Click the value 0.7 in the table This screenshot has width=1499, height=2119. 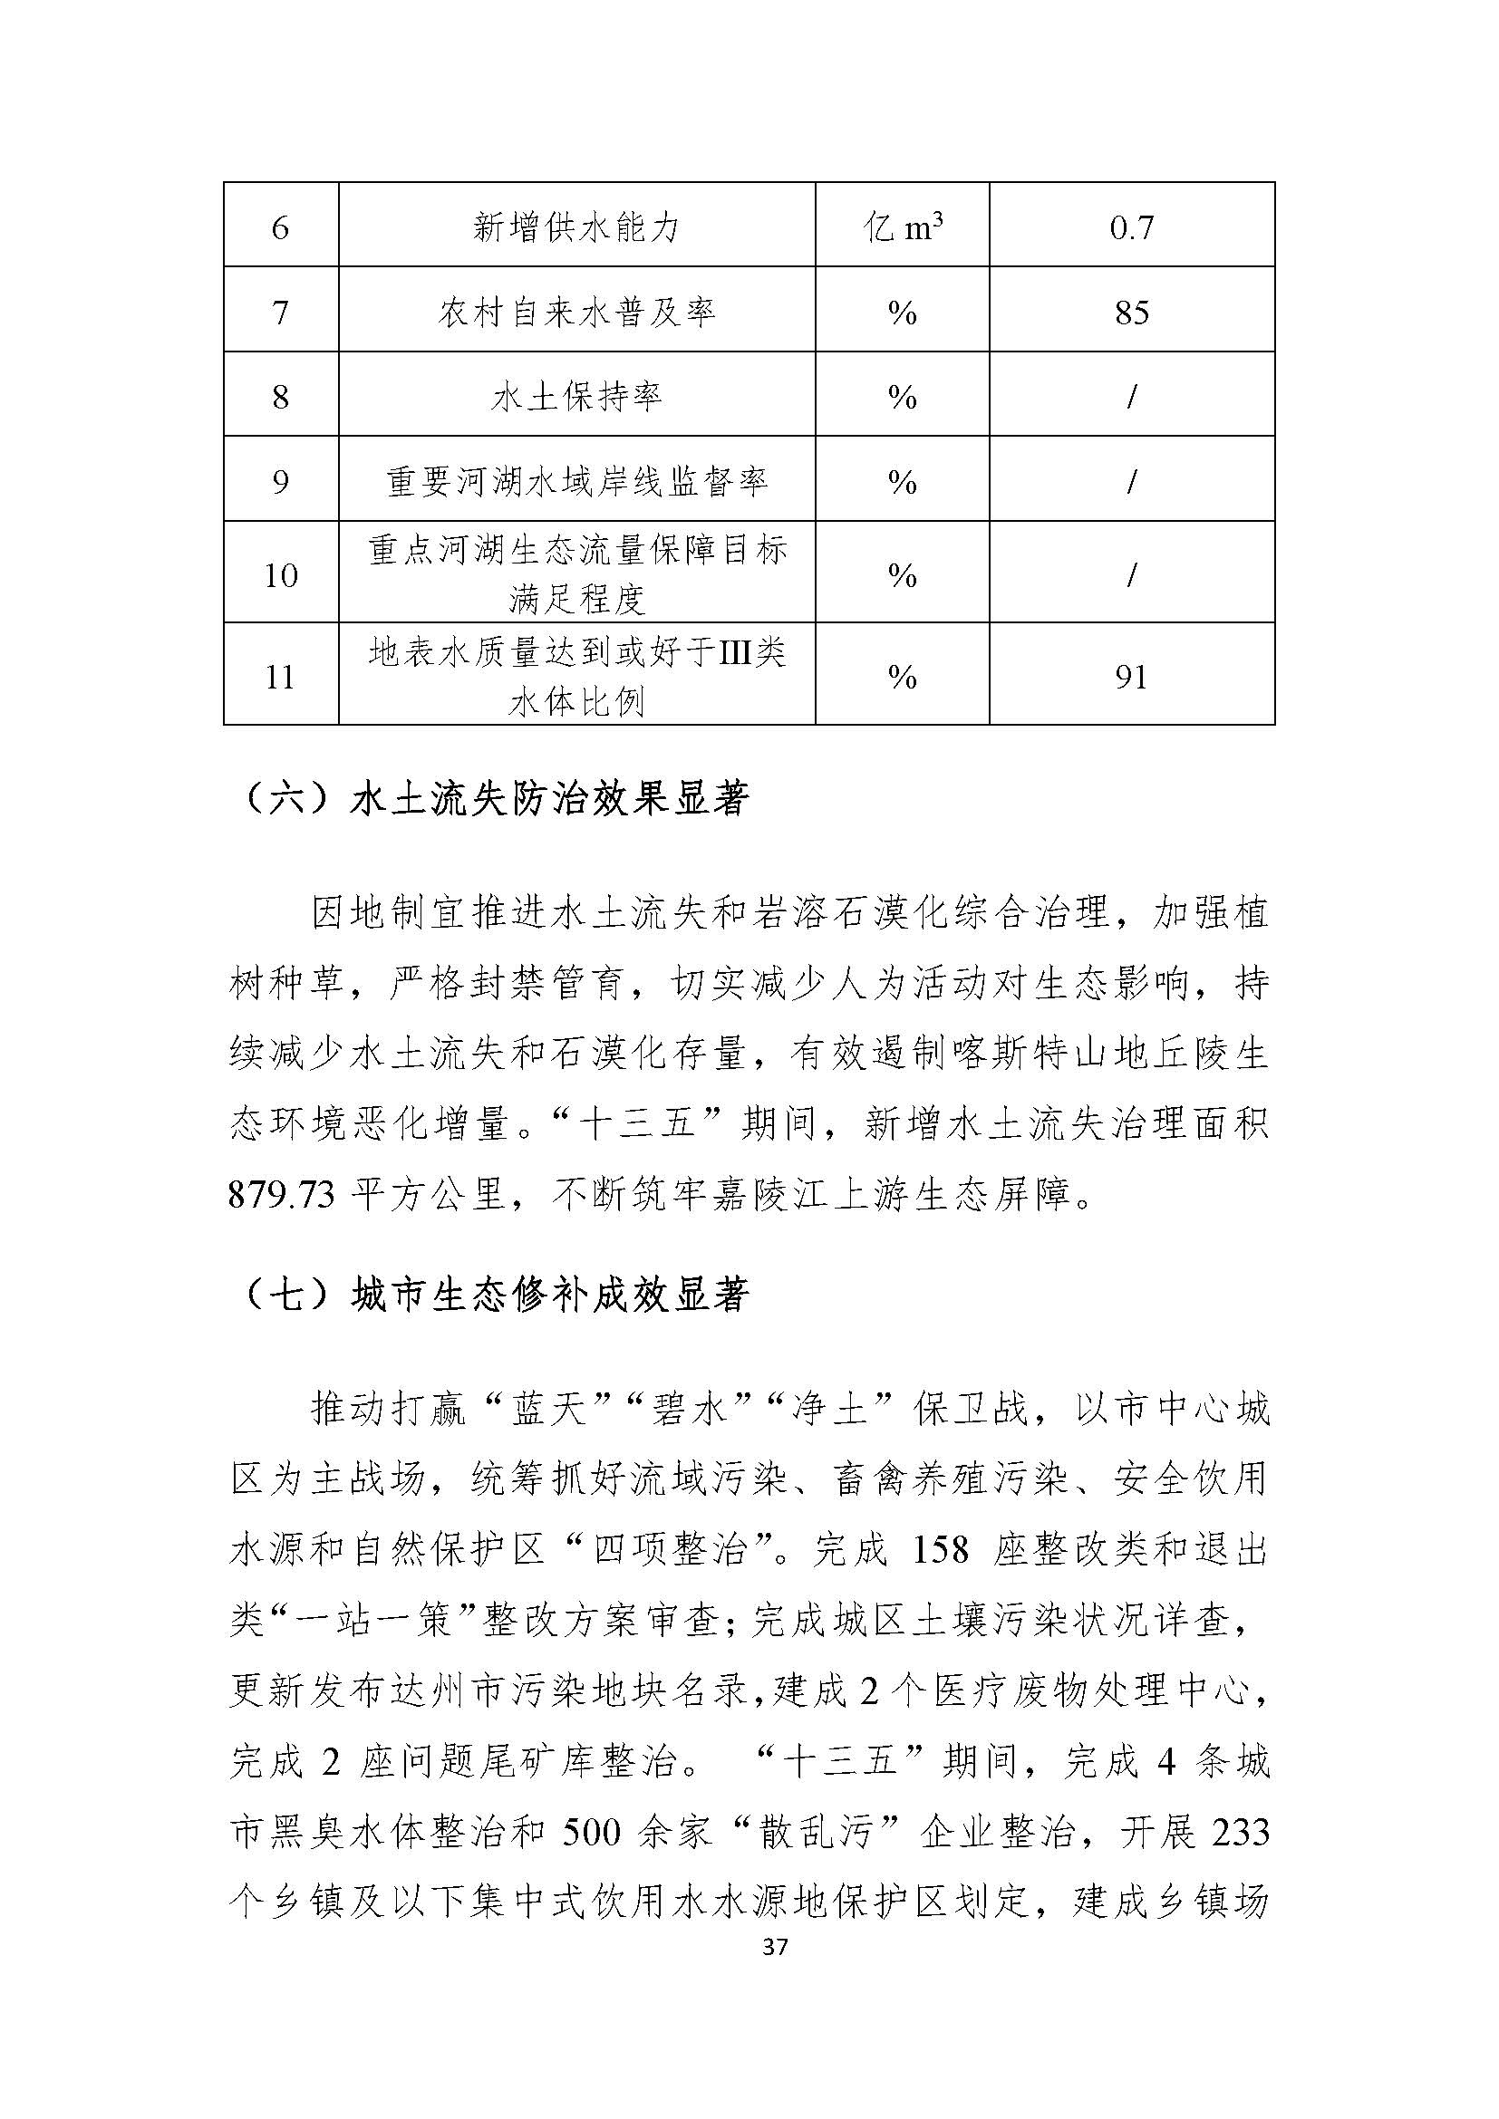tap(1132, 227)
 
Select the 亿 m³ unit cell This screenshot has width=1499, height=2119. tap(902, 227)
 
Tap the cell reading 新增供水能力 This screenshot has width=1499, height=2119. tap(576, 227)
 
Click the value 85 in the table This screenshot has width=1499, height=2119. tap(1132, 312)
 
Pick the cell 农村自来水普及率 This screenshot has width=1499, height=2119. tap(576, 312)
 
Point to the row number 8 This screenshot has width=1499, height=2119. tap(281, 397)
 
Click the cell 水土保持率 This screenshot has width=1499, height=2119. tap(576, 397)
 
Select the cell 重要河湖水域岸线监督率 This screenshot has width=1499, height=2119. tap(576, 482)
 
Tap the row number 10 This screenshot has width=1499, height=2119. tap(281, 575)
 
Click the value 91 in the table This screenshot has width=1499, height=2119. tap(1132, 677)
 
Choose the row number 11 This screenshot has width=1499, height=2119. tap(281, 677)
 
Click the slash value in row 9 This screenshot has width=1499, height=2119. tap(1132, 482)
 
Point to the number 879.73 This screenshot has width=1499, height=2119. tap(281, 1195)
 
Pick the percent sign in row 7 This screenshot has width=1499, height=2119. tap(902, 312)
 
